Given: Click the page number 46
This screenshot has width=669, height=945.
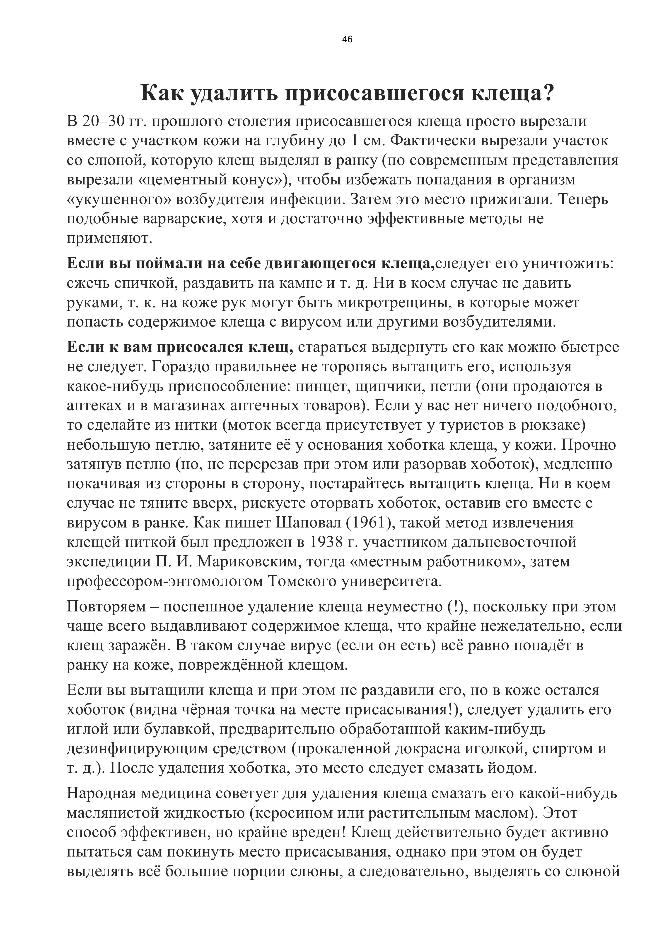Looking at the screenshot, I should (x=347, y=40).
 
